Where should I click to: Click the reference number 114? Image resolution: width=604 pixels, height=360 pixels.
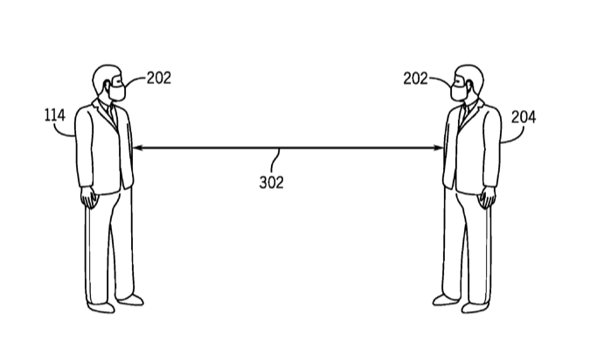(55, 115)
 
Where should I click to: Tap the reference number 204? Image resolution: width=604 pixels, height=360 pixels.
(524, 117)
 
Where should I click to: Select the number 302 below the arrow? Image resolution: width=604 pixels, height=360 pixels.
(272, 183)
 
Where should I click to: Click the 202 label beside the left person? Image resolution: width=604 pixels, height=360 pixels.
(159, 78)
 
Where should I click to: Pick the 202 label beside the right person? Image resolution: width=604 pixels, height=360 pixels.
(415, 79)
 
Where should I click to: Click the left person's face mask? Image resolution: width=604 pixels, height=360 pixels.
(117, 93)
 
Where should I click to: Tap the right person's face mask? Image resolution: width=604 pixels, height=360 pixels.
(459, 93)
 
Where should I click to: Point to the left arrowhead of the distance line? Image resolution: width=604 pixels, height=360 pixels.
(137, 148)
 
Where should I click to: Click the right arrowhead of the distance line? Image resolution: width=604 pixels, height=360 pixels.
(439, 148)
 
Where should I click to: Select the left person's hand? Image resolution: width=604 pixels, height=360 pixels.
(89, 197)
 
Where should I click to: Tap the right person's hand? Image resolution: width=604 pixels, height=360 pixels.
(487, 197)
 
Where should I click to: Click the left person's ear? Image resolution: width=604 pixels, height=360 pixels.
(107, 86)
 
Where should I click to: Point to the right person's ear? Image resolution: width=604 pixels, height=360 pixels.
(469, 86)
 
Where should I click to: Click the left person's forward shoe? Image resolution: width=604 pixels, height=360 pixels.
(130, 300)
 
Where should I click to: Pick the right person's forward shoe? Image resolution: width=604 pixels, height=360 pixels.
(446, 300)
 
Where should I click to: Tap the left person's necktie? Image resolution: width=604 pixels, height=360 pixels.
(113, 114)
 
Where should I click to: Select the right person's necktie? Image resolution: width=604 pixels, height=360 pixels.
(464, 114)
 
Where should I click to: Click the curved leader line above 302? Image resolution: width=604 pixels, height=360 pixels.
(275, 160)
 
